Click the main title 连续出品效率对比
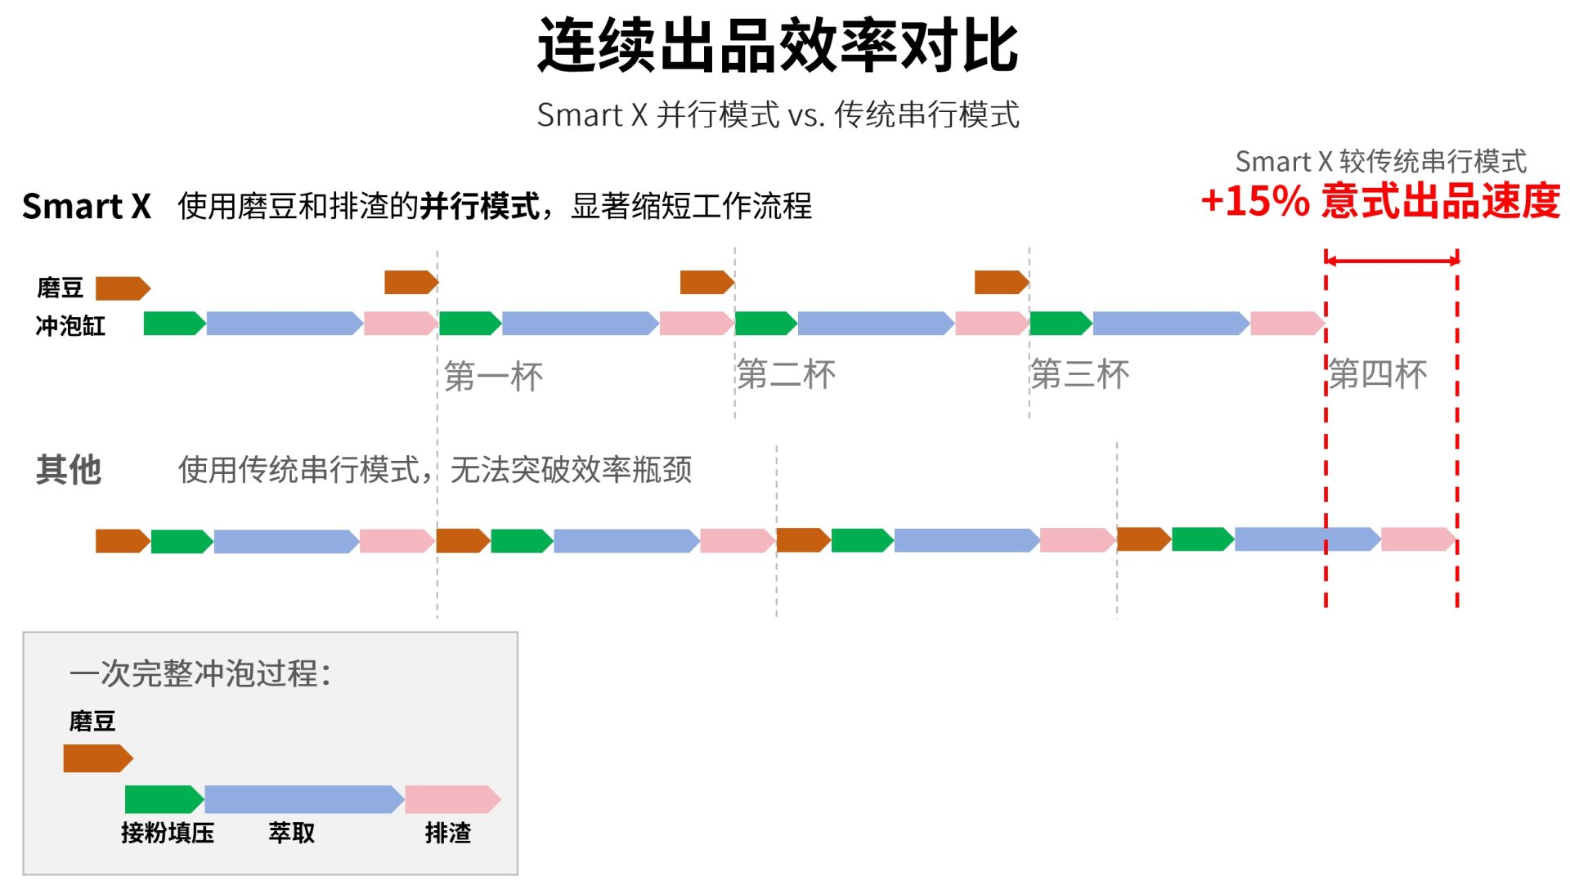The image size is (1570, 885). coord(778,46)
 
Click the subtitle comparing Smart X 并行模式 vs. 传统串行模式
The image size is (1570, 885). coord(778,114)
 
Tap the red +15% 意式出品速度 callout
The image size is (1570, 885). coord(1380,201)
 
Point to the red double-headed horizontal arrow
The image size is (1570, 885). coord(1392,261)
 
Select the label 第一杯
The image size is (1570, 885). coord(493,377)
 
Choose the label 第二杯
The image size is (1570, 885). coord(786,374)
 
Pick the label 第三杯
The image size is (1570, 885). coord(1079,374)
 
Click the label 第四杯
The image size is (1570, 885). coord(1378,374)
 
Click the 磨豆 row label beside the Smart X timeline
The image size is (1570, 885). coord(61,288)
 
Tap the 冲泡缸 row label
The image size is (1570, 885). coord(71,326)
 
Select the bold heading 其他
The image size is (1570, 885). coord(69,470)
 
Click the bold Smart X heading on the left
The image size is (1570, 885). coord(87,206)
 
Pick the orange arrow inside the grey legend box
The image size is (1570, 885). coord(98,758)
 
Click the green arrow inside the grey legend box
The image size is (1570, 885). coord(164,799)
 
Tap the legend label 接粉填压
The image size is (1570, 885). coord(168,833)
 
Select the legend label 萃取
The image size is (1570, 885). coord(292,833)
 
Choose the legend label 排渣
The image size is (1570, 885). coord(448,833)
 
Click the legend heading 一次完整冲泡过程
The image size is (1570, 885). coord(200,673)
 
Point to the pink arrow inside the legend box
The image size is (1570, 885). coord(453,799)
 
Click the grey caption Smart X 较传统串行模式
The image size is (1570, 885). coord(1380,161)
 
